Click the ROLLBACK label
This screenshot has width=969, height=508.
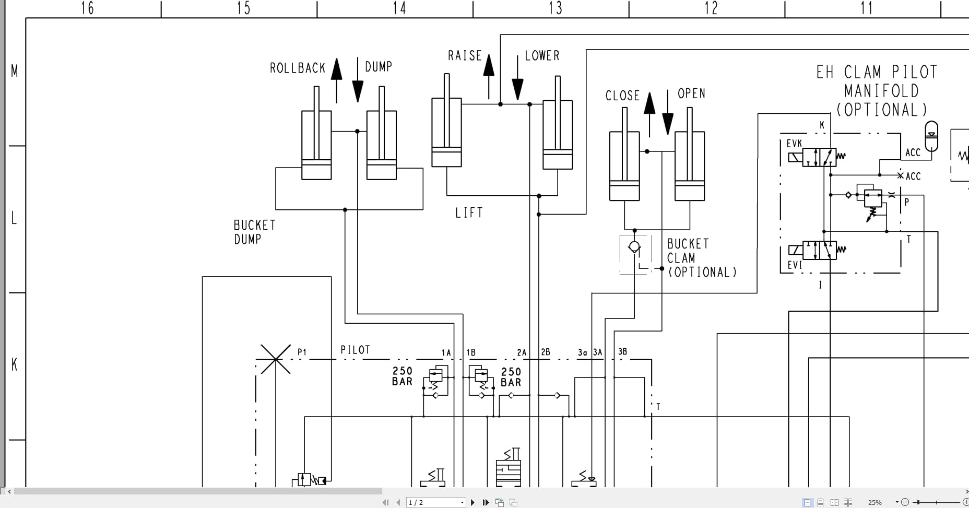[x=297, y=68]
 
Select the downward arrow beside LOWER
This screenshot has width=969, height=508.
[x=517, y=78]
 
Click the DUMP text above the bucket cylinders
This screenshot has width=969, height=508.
[x=378, y=67]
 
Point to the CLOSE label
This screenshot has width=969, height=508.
[x=622, y=96]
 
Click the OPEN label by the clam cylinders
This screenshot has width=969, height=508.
[x=691, y=94]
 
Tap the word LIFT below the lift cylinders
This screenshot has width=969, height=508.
[x=469, y=213]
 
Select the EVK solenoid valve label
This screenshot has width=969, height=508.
[x=794, y=144]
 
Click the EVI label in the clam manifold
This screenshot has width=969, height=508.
[x=794, y=265]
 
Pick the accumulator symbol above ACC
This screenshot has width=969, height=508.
[x=931, y=135]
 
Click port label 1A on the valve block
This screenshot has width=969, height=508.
[x=446, y=353]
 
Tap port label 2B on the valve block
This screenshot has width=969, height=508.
[x=546, y=352]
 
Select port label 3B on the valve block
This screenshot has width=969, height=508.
[x=622, y=352]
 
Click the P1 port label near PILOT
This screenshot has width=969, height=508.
[x=302, y=352]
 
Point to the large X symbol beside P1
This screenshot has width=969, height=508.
[x=275, y=359]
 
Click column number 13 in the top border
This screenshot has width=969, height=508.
[x=555, y=8]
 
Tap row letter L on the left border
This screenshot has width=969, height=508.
[x=14, y=219]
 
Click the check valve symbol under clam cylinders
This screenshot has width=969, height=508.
[x=634, y=247]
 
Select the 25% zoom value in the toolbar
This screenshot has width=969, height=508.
[x=875, y=502]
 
